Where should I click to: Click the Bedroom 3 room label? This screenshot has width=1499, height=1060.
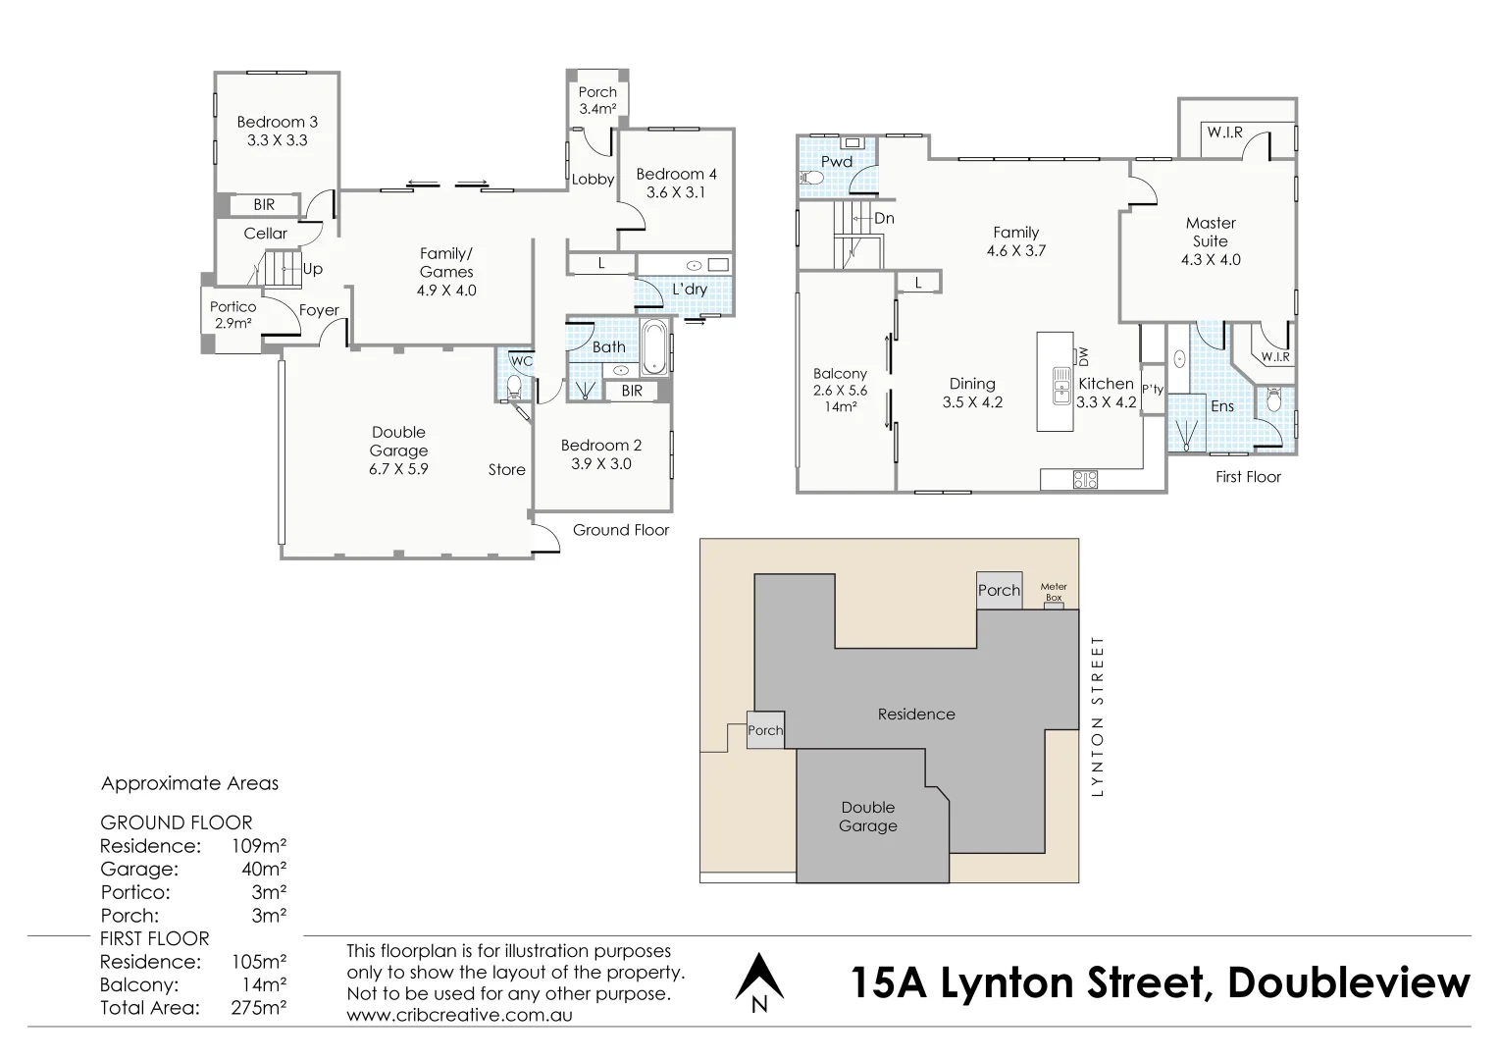click(277, 123)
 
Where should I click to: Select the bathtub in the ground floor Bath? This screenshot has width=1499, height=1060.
click(654, 347)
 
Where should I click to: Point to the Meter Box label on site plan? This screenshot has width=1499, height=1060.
click(1053, 592)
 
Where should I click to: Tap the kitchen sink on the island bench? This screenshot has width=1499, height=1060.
click(1060, 386)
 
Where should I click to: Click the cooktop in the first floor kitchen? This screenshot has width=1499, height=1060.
click(1085, 480)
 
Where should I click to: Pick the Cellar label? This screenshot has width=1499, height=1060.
click(265, 234)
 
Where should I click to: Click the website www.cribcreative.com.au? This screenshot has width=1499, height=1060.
click(459, 1015)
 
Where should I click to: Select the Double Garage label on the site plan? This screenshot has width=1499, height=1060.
click(867, 817)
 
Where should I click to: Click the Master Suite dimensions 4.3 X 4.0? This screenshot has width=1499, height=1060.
click(1210, 260)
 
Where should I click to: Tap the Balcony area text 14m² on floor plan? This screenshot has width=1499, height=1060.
click(840, 406)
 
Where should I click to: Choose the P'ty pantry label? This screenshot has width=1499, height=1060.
click(1153, 390)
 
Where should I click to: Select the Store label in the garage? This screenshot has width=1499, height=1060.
click(506, 470)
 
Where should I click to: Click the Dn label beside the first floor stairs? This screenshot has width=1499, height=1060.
click(883, 219)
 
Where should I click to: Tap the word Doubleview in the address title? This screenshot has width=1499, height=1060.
click(1349, 982)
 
